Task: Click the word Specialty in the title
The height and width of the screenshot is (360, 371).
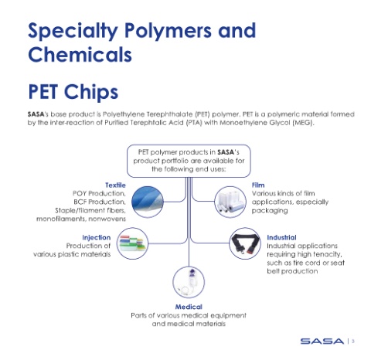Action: coord(73,31)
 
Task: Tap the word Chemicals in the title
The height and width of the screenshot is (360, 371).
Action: coord(80,54)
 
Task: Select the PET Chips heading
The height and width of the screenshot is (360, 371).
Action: coord(73,92)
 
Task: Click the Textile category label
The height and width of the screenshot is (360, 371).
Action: coord(115,185)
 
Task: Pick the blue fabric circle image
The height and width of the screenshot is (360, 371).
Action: coord(148,202)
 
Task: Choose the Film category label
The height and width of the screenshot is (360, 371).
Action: coord(258,185)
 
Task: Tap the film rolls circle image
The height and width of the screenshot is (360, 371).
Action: coord(230,202)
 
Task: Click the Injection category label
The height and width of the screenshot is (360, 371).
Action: coord(97,237)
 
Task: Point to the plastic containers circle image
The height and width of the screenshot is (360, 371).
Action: coord(132,243)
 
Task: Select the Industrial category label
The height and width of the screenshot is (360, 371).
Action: coord(281,237)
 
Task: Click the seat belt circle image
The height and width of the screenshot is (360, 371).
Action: coord(245,243)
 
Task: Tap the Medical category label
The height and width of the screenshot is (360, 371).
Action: coord(189,307)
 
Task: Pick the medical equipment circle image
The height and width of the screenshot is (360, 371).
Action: coord(189,282)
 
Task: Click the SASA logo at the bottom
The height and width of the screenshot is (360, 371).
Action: coord(322,341)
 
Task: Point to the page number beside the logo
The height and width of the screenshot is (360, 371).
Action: coord(353,341)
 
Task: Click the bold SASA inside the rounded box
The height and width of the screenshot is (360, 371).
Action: coord(226,152)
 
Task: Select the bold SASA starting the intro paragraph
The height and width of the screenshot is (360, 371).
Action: coord(36,114)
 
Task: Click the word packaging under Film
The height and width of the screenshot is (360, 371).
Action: coord(270,211)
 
